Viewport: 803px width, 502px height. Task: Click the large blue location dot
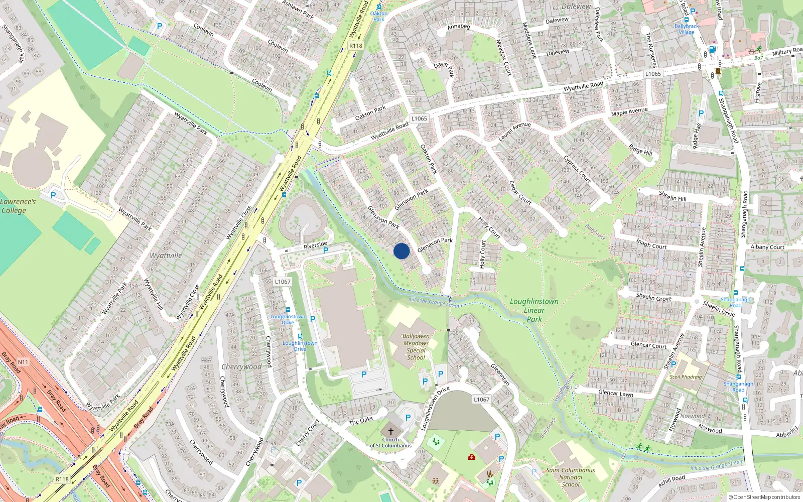[x=401, y=251]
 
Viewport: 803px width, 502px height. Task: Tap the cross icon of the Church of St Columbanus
[x=391, y=432]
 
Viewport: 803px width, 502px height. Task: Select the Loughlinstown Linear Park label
[x=534, y=310]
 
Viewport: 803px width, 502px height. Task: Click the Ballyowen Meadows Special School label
[x=416, y=347]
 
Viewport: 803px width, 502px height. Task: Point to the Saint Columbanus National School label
[x=571, y=477]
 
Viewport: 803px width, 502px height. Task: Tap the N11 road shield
[x=23, y=362]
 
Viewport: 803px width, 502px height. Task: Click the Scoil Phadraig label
[x=686, y=377]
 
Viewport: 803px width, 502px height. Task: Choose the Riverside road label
[x=315, y=245]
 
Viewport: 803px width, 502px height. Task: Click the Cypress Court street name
[x=577, y=169]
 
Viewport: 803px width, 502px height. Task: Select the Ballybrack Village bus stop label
[x=687, y=29]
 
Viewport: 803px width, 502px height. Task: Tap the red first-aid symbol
[x=471, y=457]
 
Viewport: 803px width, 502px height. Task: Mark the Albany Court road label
[x=767, y=247]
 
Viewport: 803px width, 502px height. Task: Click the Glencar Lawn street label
[x=615, y=393]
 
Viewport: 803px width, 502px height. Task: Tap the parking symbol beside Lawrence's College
[x=53, y=195]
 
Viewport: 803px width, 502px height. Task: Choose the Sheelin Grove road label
[x=653, y=297]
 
